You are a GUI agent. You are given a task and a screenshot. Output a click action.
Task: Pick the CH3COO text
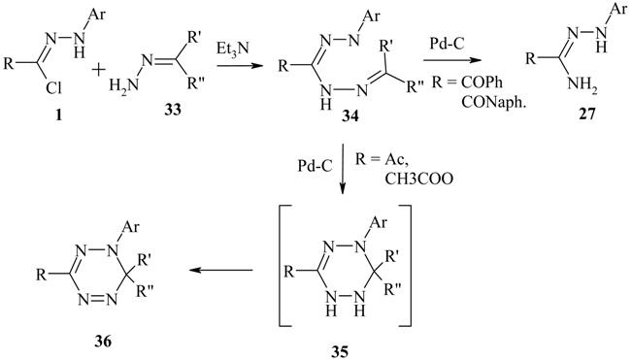click(x=420, y=179)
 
